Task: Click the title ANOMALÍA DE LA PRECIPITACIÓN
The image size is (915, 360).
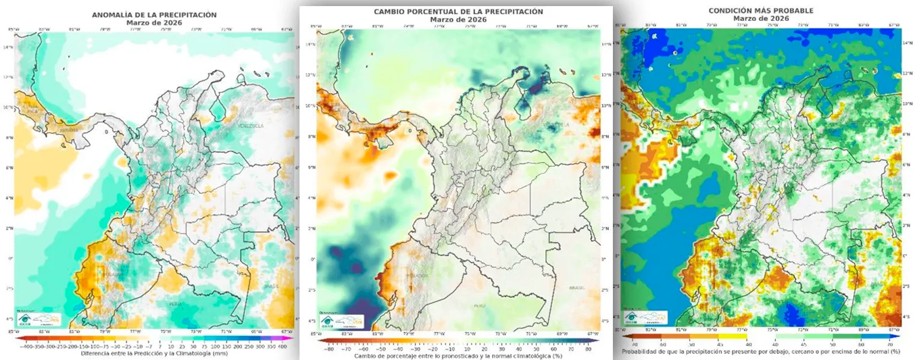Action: (154, 14)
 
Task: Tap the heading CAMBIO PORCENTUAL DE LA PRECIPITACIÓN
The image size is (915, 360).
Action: (458, 11)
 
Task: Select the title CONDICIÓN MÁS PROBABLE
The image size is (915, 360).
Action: (761, 10)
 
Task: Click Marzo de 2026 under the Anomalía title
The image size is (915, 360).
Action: (154, 22)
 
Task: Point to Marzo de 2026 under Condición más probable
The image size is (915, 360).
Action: (761, 18)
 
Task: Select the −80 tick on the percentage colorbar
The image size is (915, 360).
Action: (328, 349)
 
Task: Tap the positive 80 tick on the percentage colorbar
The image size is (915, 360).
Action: (588, 349)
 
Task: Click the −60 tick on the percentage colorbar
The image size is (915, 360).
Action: (361, 349)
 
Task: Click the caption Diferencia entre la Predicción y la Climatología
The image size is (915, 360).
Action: (154, 353)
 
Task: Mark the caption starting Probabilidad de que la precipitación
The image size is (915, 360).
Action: (761, 351)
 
